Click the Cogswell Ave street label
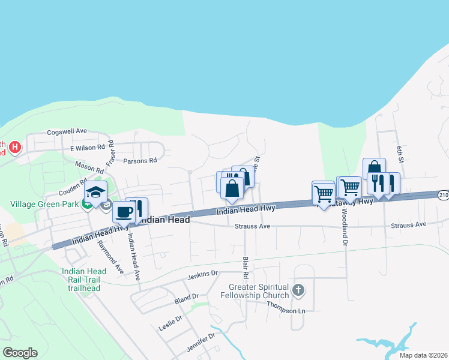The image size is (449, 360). point(67,131)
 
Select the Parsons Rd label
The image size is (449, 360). point(139,160)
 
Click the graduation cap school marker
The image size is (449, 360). point(95,193)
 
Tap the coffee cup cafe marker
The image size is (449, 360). point(124,212)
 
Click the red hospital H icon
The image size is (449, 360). point(16,146)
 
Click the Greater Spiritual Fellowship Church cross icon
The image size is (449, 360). point(298,292)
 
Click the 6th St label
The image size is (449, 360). point(399,152)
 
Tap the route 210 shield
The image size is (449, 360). point(443,195)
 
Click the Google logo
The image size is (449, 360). point(20,353)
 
